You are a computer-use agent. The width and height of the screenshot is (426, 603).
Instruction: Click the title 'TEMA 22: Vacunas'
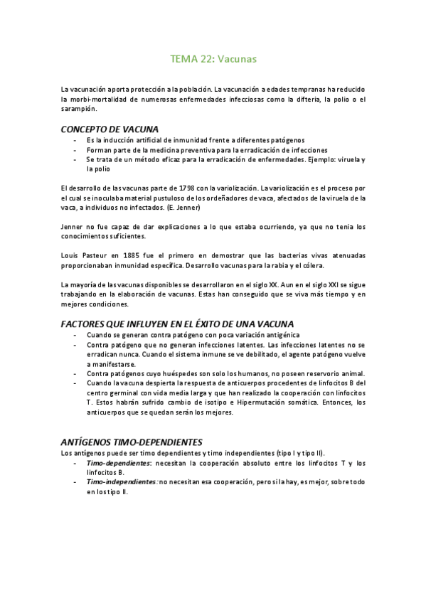pyautogui.click(x=213, y=60)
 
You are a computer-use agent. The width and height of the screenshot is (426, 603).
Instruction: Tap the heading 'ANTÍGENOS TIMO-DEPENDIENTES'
pyautogui.click(x=132, y=441)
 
